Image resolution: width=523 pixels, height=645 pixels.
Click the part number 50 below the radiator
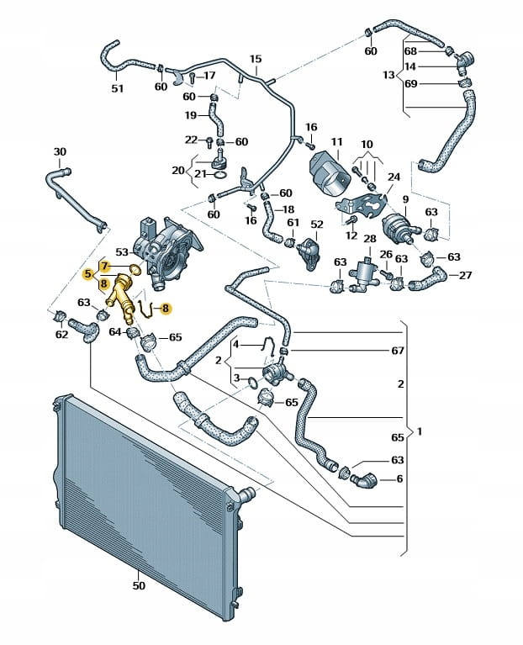[x=139, y=585]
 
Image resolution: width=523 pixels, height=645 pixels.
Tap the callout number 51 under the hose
[x=117, y=88]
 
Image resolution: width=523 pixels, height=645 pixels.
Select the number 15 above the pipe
[x=256, y=59]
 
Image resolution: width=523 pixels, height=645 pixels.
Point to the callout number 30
[x=59, y=151]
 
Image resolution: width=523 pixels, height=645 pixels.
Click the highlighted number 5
[x=88, y=273]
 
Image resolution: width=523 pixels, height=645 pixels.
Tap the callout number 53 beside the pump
[x=122, y=251]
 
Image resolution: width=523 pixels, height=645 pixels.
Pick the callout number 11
[x=336, y=142]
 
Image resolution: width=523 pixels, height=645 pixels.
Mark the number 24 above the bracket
[x=393, y=177]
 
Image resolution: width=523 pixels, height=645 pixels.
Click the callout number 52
[x=316, y=225]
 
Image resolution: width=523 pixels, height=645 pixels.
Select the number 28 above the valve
[x=369, y=241]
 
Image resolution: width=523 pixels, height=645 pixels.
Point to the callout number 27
[x=465, y=275]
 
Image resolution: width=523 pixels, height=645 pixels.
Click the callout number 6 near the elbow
[x=399, y=478]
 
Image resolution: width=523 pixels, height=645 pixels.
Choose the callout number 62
[x=61, y=335]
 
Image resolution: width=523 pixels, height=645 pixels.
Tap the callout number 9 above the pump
[x=404, y=199]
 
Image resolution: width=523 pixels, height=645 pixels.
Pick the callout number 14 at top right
[x=410, y=66]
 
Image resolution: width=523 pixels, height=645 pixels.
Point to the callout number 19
[x=191, y=115]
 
